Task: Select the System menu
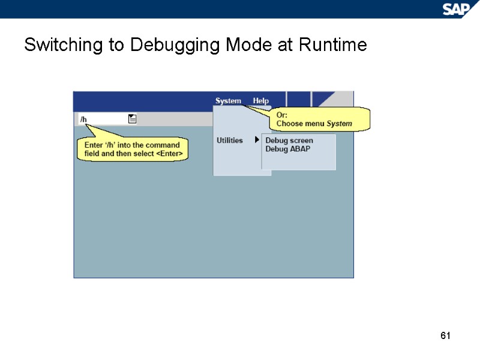[x=228, y=101]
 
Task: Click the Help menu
[x=261, y=101]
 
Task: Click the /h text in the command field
[x=83, y=119]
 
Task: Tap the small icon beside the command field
[x=133, y=119]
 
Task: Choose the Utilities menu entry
[x=229, y=140]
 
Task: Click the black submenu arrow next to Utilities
[x=257, y=140]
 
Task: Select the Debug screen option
[x=289, y=140]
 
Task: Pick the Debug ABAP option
[x=288, y=149]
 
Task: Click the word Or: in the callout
[x=282, y=115]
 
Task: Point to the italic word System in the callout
[x=339, y=124]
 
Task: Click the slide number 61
[x=445, y=335]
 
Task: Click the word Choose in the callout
[x=289, y=124]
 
